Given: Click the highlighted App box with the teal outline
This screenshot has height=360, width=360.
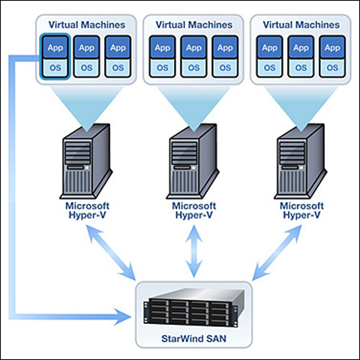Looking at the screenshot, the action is tap(55, 47).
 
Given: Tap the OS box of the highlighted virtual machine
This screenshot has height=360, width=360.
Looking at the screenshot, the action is tap(55, 67).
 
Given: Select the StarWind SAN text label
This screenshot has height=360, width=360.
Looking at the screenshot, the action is tap(193, 338).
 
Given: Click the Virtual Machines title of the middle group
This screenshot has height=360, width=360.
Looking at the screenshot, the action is tap(194, 25).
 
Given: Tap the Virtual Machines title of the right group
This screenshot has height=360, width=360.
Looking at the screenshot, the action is tap(301, 25).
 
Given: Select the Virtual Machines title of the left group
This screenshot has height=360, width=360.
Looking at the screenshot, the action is tap(87, 25).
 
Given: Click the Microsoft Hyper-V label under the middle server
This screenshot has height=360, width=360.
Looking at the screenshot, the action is tap(194, 211).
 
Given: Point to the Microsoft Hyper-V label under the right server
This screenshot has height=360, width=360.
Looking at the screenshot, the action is tap(301, 211).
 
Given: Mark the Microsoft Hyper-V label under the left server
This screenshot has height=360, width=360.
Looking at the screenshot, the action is tap(87, 211).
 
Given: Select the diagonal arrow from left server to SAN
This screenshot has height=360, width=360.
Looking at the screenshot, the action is tap(111, 253).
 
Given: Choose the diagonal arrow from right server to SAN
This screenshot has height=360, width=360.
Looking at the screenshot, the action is tap(277, 253).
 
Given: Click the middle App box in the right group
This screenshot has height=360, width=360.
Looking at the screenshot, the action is tap(301, 47).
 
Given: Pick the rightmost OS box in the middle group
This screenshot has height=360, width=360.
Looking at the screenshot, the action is tap(225, 67).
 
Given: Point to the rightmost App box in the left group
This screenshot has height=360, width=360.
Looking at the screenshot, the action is tap(118, 47).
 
